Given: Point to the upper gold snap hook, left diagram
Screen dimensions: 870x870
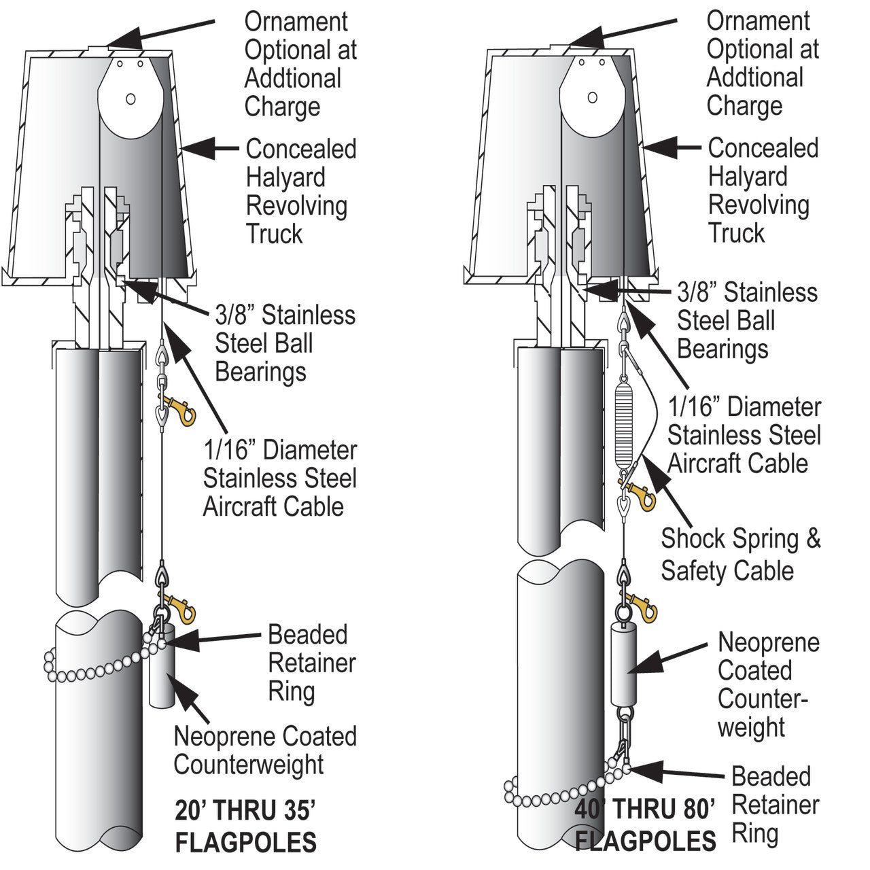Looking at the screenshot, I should click(177, 409).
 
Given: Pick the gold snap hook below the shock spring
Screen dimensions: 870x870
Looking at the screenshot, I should click(639, 494).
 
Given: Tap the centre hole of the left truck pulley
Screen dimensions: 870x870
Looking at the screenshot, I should click(131, 99).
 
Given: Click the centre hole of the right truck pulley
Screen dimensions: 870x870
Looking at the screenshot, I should click(592, 98).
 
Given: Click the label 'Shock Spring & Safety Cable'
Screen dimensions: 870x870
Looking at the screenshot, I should click(740, 554).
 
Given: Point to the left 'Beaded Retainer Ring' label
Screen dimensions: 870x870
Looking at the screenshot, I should click(311, 663).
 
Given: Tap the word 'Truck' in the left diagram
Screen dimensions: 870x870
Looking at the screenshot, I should click(274, 233).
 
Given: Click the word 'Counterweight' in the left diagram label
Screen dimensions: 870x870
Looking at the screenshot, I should click(249, 764).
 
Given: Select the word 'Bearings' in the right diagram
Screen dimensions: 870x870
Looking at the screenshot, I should click(723, 349).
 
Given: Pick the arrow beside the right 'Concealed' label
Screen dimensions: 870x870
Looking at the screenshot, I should click(672, 147).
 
